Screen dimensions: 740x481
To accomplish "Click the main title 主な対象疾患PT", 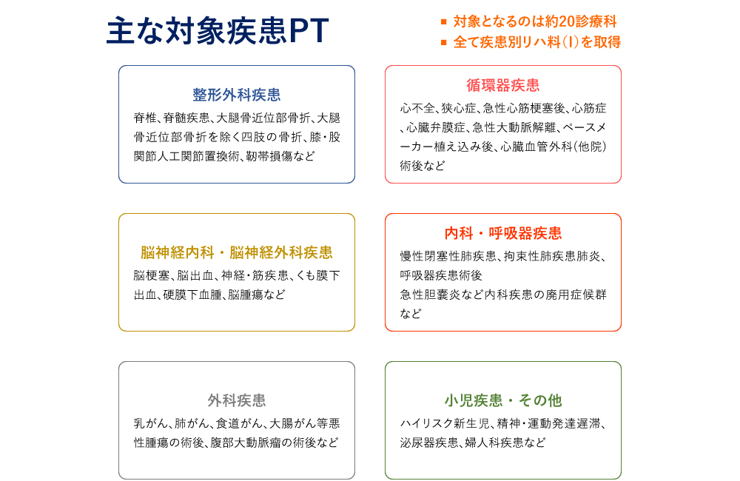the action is point(218,31).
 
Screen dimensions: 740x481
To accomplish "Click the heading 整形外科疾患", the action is point(237,95).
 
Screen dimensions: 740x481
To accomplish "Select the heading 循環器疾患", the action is point(503,85).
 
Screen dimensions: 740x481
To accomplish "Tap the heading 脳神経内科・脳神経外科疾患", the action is point(237,252).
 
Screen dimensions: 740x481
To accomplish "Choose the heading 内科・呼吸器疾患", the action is point(503,233).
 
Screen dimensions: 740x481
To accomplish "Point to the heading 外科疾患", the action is point(237,400).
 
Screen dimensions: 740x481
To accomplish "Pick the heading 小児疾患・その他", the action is point(503,400).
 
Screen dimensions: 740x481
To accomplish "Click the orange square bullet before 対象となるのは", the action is point(443,21).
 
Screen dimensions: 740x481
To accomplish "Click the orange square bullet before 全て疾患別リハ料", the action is point(443,42).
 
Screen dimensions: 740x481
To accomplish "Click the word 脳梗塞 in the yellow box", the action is point(152,275).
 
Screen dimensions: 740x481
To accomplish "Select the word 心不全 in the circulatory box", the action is point(417,109).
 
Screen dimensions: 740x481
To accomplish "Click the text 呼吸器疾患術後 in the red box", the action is point(441,275).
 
